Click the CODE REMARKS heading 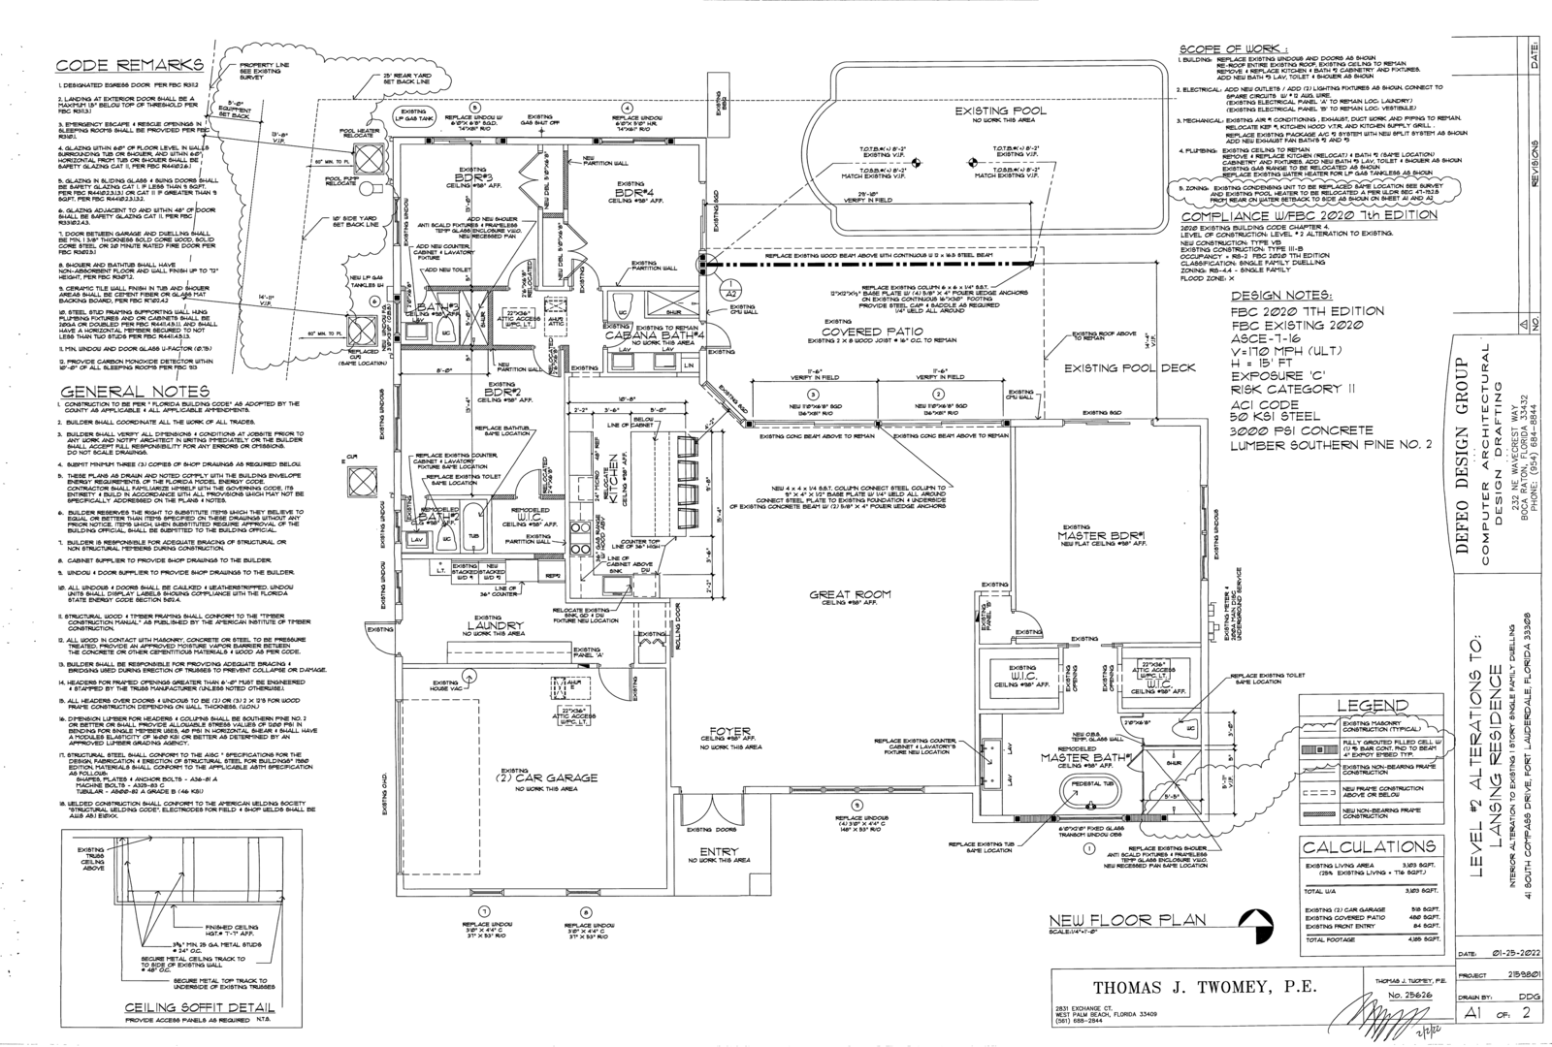129,65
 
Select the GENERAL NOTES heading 135,391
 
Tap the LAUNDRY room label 495,625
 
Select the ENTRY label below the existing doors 719,852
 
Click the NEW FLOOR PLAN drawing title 1128,920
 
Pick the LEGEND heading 1373,705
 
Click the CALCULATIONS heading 1368,846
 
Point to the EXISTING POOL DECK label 1118,368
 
